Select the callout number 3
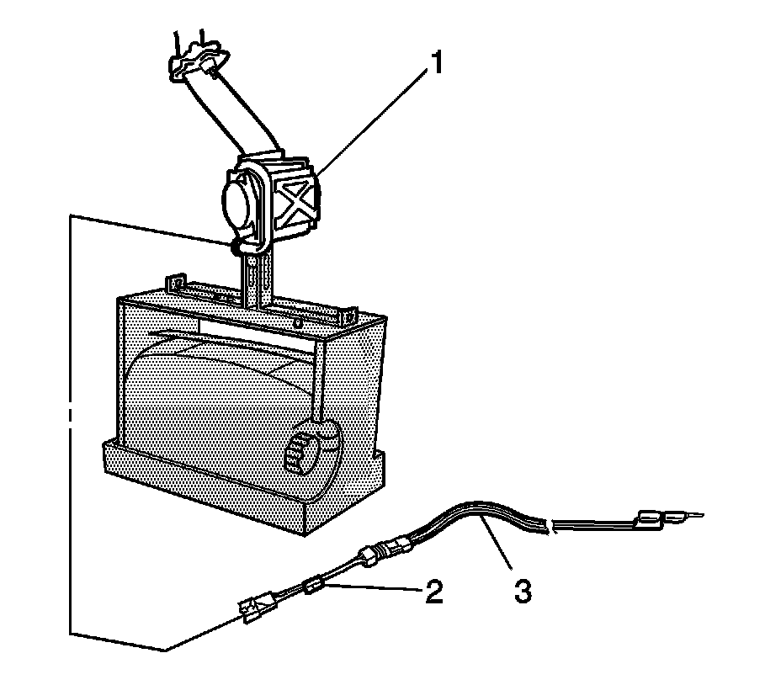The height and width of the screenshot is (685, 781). coord(522,591)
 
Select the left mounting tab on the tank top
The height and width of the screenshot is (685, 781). coord(177,281)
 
